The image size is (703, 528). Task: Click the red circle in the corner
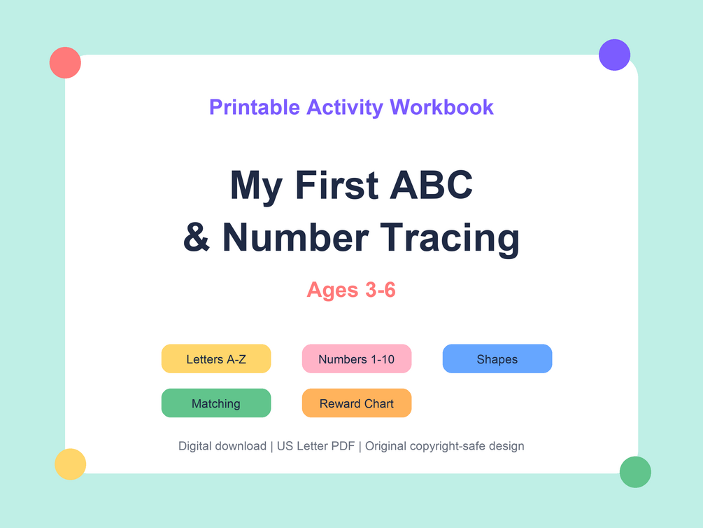click(65, 63)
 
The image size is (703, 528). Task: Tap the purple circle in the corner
click(615, 55)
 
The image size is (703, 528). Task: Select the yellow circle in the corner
click(71, 464)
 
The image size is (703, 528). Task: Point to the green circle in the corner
click(635, 472)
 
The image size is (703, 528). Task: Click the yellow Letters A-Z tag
click(216, 359)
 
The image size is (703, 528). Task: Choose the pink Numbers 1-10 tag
click(357, 359)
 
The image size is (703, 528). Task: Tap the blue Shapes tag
click(497, 359)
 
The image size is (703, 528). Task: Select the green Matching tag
click(216, 403)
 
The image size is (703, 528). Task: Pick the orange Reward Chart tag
click(357, 403)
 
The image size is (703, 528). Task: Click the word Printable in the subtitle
click(255, 107)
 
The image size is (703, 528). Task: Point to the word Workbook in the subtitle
click(441, 107)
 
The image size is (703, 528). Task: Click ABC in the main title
click(431, 185)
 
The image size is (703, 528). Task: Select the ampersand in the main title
click(197, 237)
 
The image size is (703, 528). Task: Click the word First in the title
click(336, 185)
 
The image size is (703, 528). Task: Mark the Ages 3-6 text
click(351, 290)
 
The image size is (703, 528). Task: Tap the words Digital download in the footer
click(222, 446)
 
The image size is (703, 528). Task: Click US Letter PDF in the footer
click(315, 446)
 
